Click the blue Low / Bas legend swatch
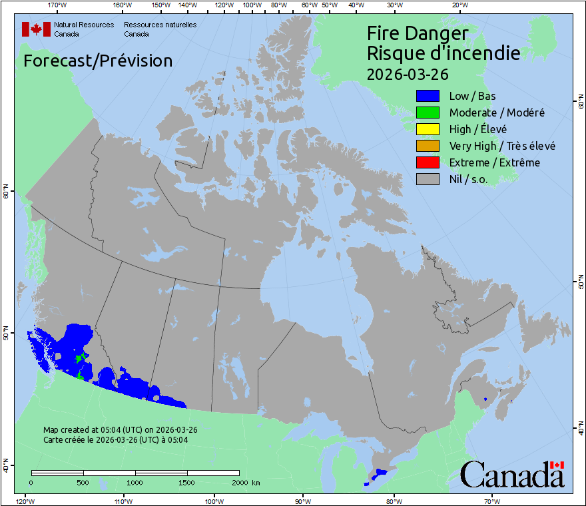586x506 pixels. click(428, 96)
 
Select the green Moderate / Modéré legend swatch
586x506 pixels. click(428, 113)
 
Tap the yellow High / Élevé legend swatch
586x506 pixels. click(428, 129)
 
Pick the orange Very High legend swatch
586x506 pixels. click(428, 146)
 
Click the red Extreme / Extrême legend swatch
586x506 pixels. click(428, 162)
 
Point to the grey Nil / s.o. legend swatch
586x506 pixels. click(428, 179)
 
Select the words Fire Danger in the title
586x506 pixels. click(418, 34)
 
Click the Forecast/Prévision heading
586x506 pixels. click(98, 61)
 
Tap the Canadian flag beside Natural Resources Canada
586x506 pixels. click(36, 29)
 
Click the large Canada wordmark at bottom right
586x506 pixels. click(511, 474)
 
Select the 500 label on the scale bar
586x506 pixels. click(83, 482)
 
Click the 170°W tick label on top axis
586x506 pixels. click(57, 5)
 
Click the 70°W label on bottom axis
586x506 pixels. click(491, 501)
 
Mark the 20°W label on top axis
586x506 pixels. click(459, 5)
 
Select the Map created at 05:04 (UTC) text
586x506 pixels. click(120, 430)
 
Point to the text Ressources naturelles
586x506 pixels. click(160, 25)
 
